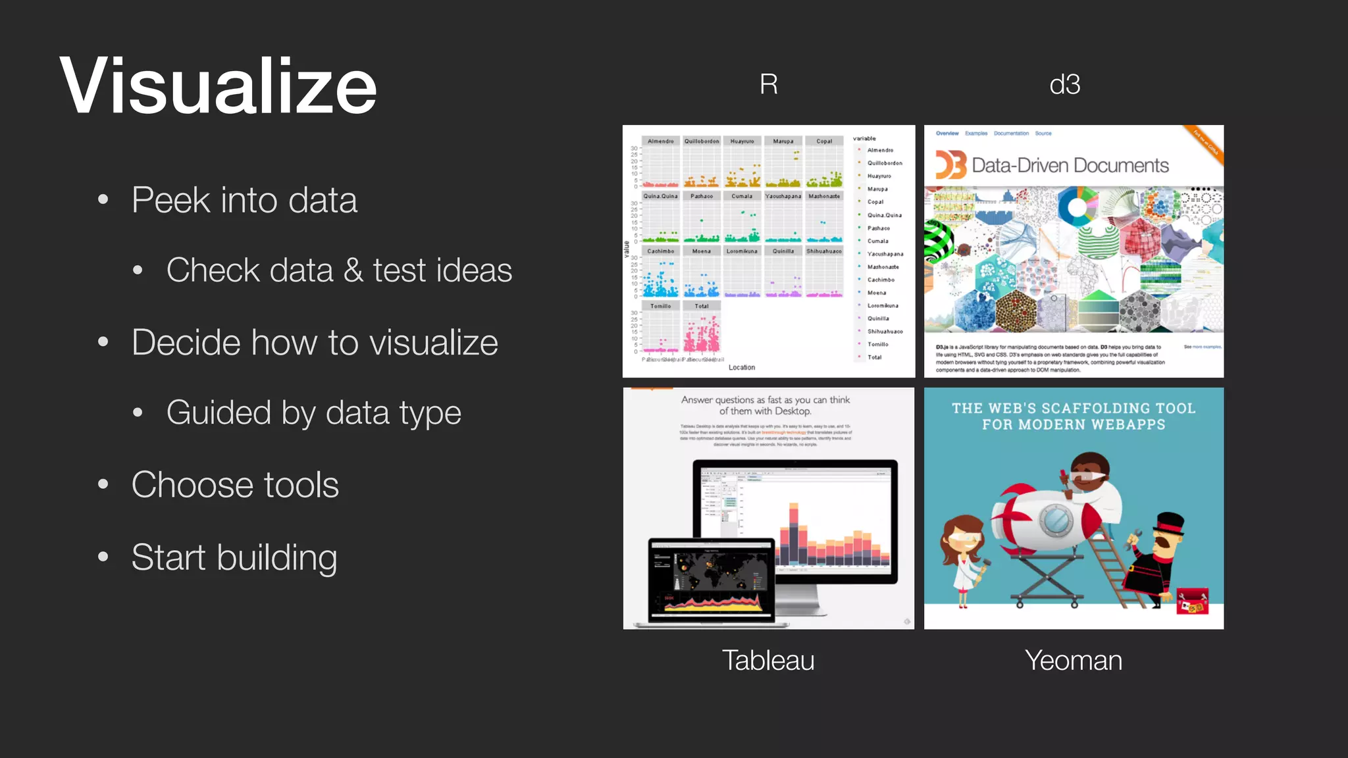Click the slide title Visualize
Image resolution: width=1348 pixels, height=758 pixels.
pos(218,86)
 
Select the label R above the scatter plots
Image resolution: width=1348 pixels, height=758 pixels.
pos(768,84)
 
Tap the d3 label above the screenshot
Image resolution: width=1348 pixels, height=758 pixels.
pos(1064,84)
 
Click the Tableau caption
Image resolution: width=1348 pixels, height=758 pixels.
pos(768,660)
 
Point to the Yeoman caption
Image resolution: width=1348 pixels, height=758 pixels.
pos(1073,660)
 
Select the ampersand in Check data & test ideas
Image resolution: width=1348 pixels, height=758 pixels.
pos(353,270)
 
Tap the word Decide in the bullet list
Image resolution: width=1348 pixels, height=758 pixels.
pos(185,342)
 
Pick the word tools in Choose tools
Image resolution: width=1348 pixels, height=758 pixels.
pos(301,485)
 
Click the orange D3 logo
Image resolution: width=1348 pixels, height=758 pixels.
pos(951,165)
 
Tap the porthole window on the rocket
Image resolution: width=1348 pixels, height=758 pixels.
pos(1055,520)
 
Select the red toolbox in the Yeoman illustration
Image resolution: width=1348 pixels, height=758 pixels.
pos(1192,601)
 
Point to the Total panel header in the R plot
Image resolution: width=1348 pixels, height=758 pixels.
pos(702,306)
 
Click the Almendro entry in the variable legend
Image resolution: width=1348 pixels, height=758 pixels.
pos(880,150)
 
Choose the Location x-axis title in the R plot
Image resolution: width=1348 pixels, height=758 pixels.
pos(742,367)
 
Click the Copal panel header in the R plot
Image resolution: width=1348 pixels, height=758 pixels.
pos(824,141)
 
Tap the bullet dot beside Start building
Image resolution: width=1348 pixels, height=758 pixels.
pos(103,557)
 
